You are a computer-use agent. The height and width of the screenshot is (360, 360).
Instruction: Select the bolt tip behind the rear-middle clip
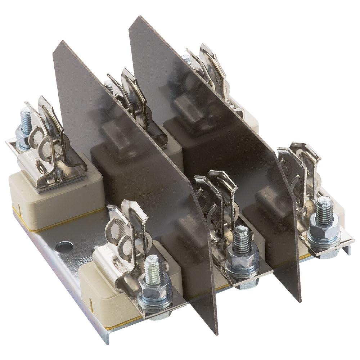coord(108,85)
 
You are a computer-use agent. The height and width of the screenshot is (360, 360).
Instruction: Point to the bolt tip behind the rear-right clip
coord(186,59)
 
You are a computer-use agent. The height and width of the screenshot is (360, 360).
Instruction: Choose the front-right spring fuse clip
coord(301,169)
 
